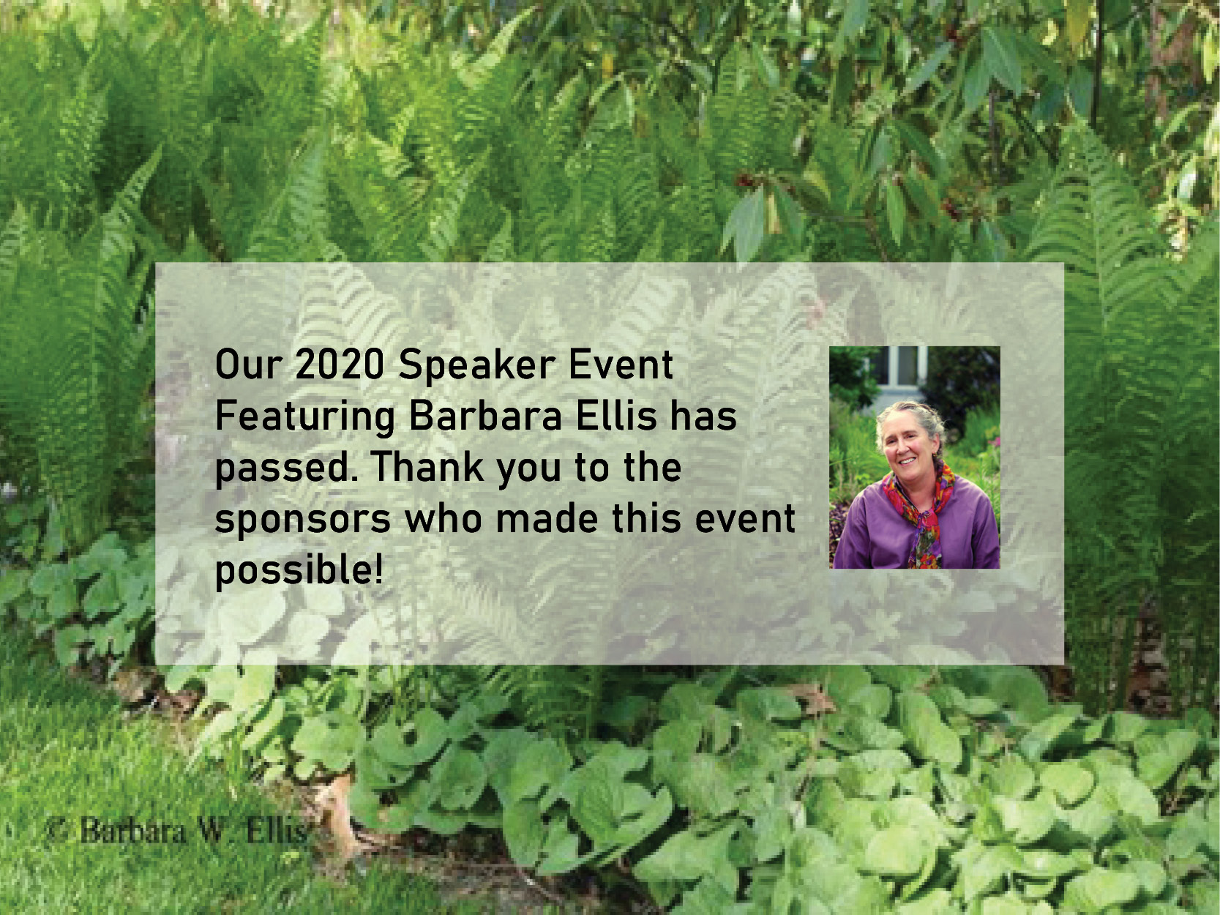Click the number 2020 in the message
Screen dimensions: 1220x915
coord(339,365)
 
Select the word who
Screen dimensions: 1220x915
coord(443,518)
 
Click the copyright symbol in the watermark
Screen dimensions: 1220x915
coord(58,831)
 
